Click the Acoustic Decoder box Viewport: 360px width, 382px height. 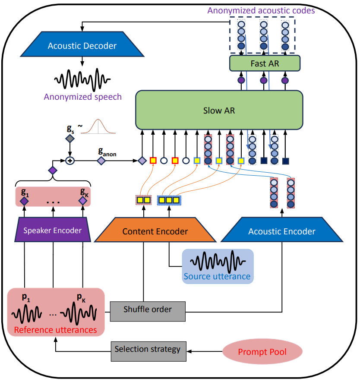point(82,45)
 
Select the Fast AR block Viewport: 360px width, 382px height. point(265,63)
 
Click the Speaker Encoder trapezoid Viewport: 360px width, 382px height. point(53,230)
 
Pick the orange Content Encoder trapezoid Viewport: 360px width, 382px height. point(155,231)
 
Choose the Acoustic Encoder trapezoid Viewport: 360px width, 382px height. point(281,231)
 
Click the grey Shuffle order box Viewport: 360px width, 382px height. point(147,309)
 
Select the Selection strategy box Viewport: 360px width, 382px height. point(147,349)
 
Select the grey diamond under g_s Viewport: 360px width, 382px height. point(70,139)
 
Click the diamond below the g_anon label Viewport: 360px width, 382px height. point(101,161)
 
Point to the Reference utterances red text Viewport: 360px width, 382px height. point(55,330)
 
